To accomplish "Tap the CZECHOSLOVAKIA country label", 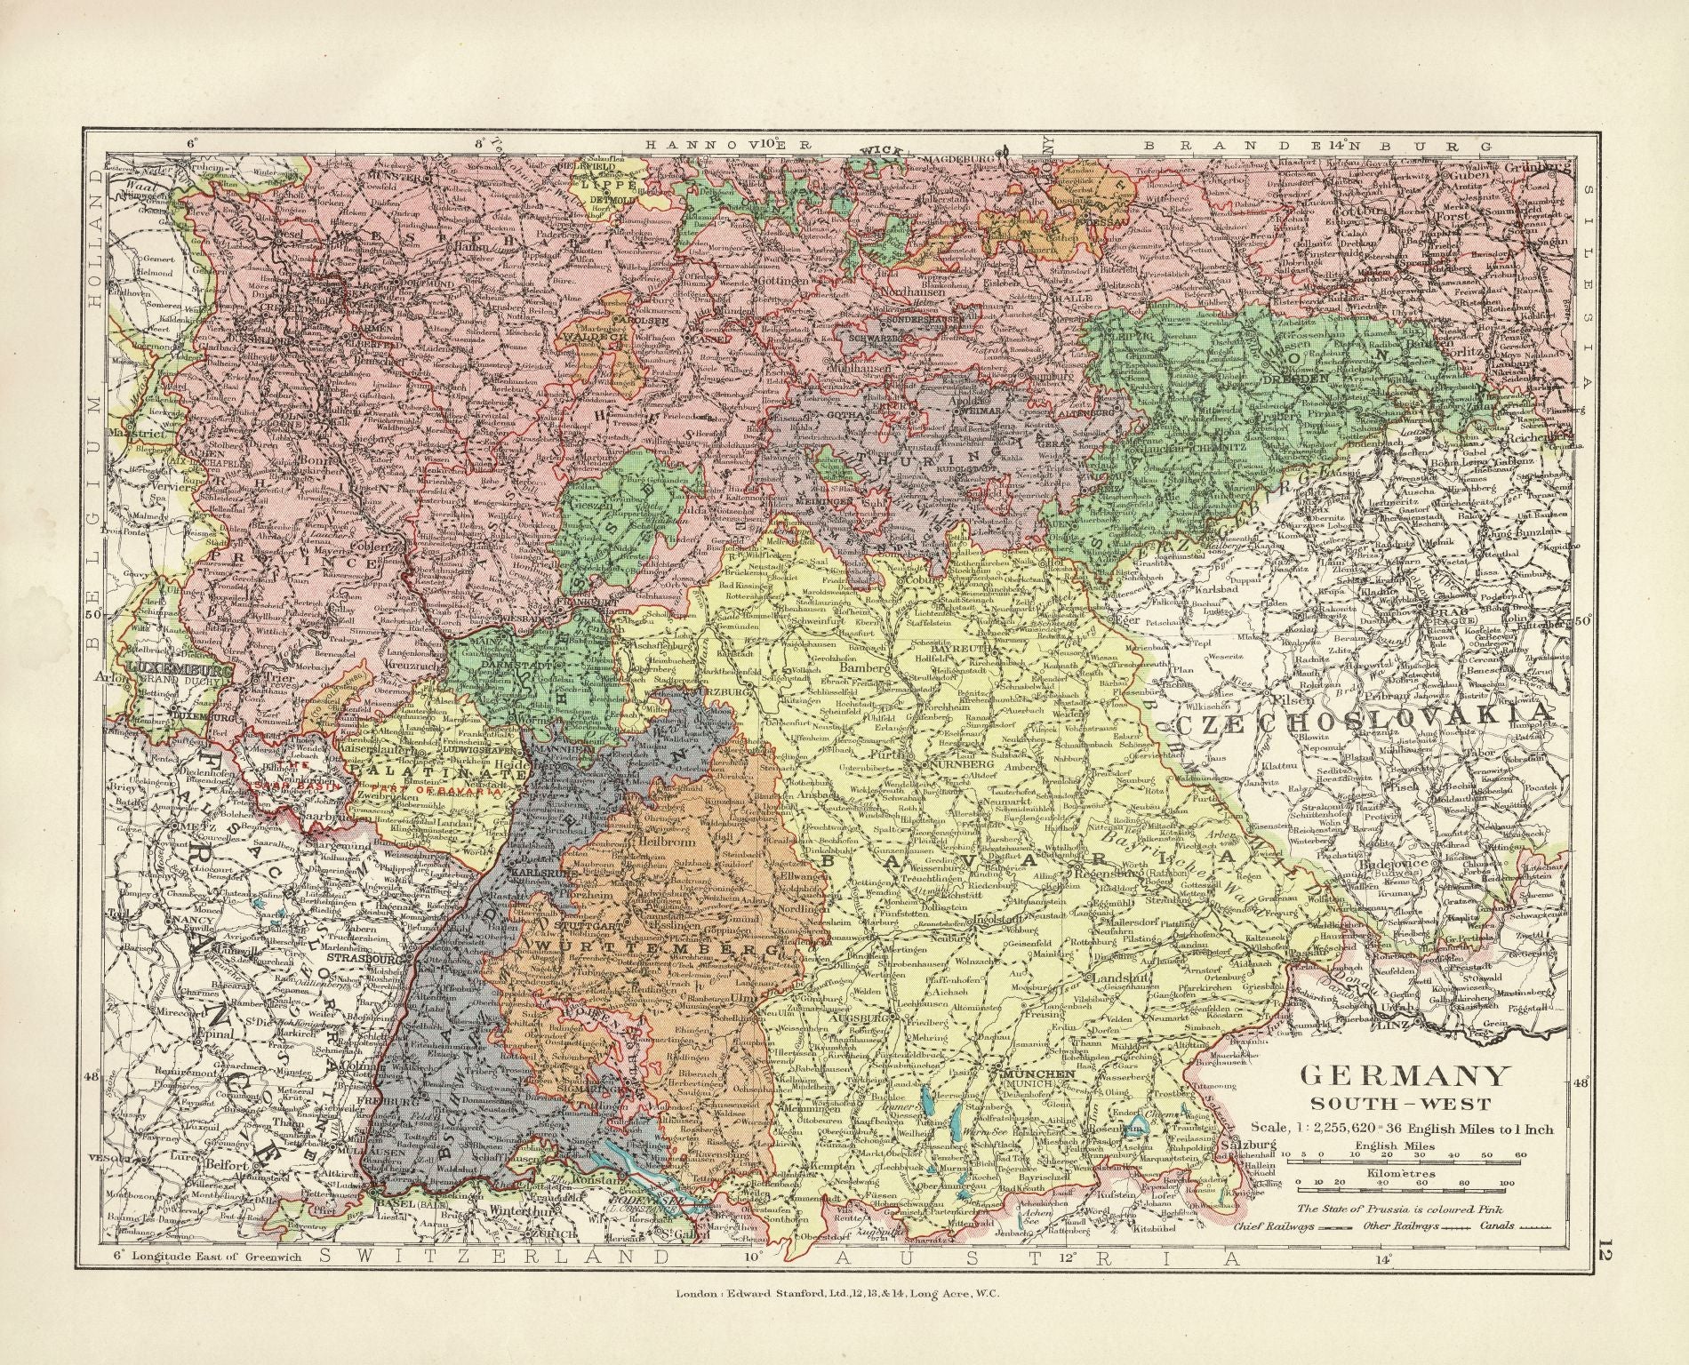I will [x=1365, y=716].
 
